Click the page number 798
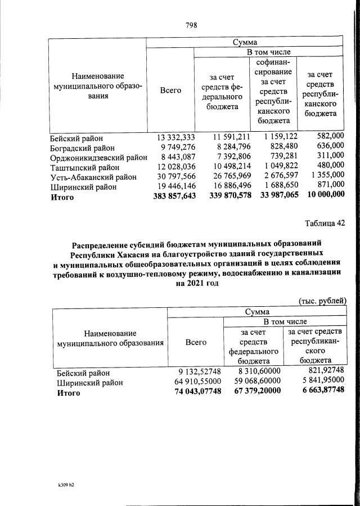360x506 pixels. [191, 25]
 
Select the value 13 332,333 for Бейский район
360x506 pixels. [174, 137]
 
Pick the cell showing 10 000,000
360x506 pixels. [322, 197]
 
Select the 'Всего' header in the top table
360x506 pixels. [170, 90]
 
